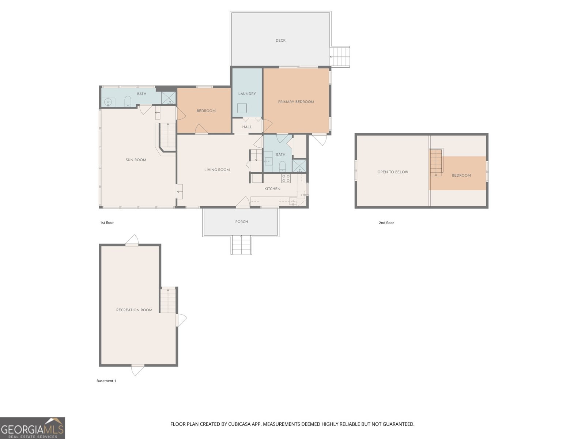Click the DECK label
click(280, 41)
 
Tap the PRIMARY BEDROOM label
click(296, 102)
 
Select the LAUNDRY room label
click(247, 94)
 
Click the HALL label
click(247, 127)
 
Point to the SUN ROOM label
click(136, 160)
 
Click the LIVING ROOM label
click(217, 170)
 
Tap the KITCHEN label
click(272, 189)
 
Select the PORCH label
click(241, 222)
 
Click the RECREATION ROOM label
click(134, 310)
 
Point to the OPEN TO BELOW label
click(393, 172)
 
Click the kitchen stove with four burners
click(286, 178)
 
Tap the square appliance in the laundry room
click(242, 109)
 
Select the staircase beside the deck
click(340, 57)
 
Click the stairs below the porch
click(241, 245)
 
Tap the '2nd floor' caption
click(386, 223)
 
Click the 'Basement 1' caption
click(106, 381)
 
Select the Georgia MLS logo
click(32, 428)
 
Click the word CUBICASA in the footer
click(239, 424)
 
